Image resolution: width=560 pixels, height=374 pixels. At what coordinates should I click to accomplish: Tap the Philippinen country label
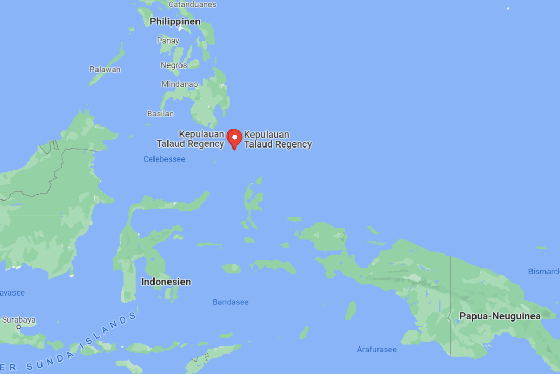175,22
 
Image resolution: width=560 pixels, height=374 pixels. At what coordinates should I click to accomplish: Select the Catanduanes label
192,4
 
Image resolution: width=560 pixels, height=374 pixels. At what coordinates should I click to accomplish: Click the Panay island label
168,41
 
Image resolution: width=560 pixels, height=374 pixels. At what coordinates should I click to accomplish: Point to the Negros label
174,65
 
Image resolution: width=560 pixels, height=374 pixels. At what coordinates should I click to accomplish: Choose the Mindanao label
179,84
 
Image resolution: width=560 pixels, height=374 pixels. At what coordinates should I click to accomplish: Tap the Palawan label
105,69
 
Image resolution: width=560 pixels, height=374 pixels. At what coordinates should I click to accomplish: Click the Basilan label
161,113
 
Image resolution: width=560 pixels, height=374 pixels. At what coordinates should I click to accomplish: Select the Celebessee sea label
164,159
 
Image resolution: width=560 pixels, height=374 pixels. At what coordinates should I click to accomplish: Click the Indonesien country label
166,282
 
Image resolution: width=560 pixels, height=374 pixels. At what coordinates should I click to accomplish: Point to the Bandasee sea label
231,302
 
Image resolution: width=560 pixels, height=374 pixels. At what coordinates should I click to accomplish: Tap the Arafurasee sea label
376,349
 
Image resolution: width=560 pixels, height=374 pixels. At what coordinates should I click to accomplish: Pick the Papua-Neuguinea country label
500,316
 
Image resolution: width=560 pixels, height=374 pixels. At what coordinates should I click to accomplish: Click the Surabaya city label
19,319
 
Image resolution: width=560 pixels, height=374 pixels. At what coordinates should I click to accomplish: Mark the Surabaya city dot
19,327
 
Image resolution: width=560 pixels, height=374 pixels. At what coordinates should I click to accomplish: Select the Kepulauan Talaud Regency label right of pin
278,139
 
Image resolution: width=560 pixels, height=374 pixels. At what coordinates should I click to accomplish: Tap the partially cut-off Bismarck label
544,271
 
